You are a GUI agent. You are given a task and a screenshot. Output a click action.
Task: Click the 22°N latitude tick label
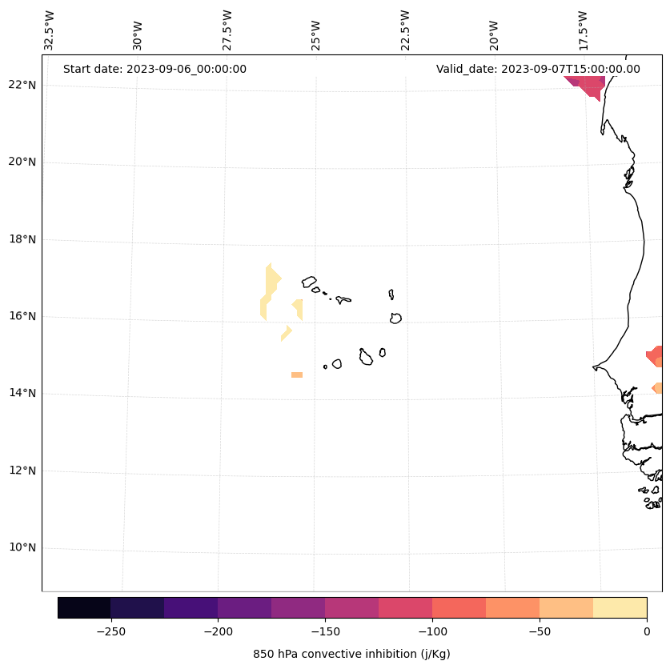pos(20,85)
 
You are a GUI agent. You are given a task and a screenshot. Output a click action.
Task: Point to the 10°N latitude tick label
pos(20,548)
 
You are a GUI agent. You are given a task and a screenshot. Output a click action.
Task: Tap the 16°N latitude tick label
pos(20,316)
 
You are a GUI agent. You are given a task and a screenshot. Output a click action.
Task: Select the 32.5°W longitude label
pos(50,30)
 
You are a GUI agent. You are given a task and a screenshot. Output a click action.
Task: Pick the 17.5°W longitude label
pos(583,30)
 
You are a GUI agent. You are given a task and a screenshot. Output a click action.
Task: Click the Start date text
pos(154,69)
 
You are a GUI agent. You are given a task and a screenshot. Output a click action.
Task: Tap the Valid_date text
pos(538,69)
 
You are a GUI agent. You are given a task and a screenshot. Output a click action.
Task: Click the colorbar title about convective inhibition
pos(351,654)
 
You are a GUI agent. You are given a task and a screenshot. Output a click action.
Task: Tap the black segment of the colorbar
pos(84,607)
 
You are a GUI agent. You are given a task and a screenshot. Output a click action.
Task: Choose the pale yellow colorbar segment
pos(620,607)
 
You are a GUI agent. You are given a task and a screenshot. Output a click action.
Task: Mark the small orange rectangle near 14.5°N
pos(297,375)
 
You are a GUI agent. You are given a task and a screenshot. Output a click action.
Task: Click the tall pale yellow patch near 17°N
pos(271,290)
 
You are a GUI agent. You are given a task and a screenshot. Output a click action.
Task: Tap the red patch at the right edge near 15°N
pos(656,355)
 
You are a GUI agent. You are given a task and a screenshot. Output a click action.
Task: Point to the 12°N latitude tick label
pos(20,471)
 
